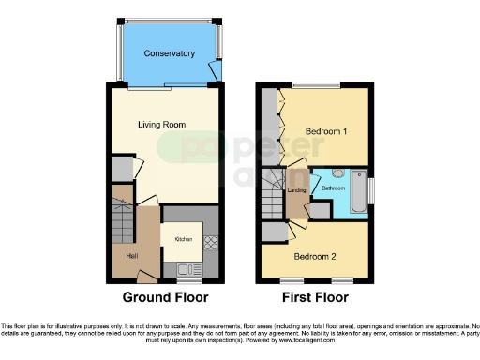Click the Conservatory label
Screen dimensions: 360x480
[169, 53]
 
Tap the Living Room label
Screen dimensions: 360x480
[161, 125]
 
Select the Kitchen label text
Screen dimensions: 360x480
[184, 239]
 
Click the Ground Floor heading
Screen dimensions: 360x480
[164, 298]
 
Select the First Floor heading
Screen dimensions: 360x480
[314, 298]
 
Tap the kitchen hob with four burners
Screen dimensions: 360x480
[210, 241]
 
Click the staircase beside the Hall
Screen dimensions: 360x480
[121, 214]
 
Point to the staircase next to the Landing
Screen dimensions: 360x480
[273, 197]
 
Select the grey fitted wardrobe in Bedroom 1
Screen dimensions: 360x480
[271, 126]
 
